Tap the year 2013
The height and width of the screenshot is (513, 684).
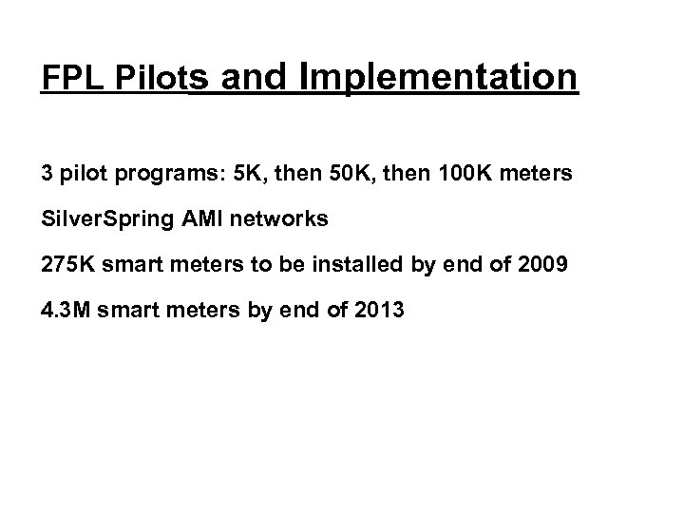(x=379, y=309)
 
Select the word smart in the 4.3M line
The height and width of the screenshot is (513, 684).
(x=120, y=309)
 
